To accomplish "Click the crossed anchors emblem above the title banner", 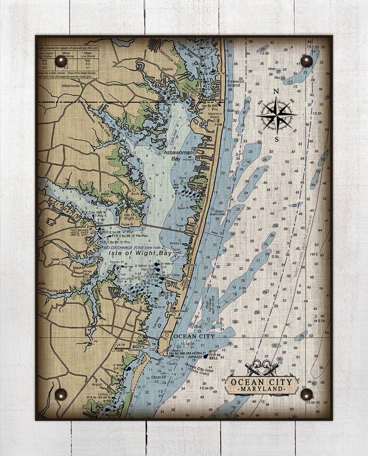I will pos(262,367).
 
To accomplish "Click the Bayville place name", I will pos(167,69).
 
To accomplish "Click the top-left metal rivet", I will pos(61,61).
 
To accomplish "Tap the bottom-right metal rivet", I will pos(306,394).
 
